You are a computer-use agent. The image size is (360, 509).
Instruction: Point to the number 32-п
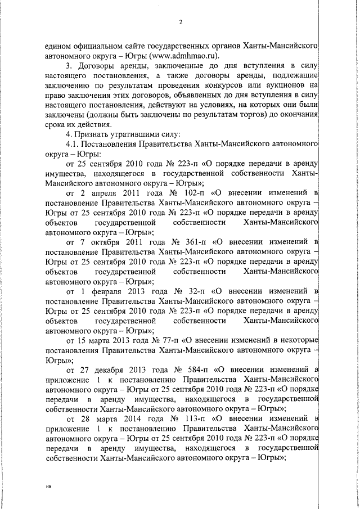click(200, 292)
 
